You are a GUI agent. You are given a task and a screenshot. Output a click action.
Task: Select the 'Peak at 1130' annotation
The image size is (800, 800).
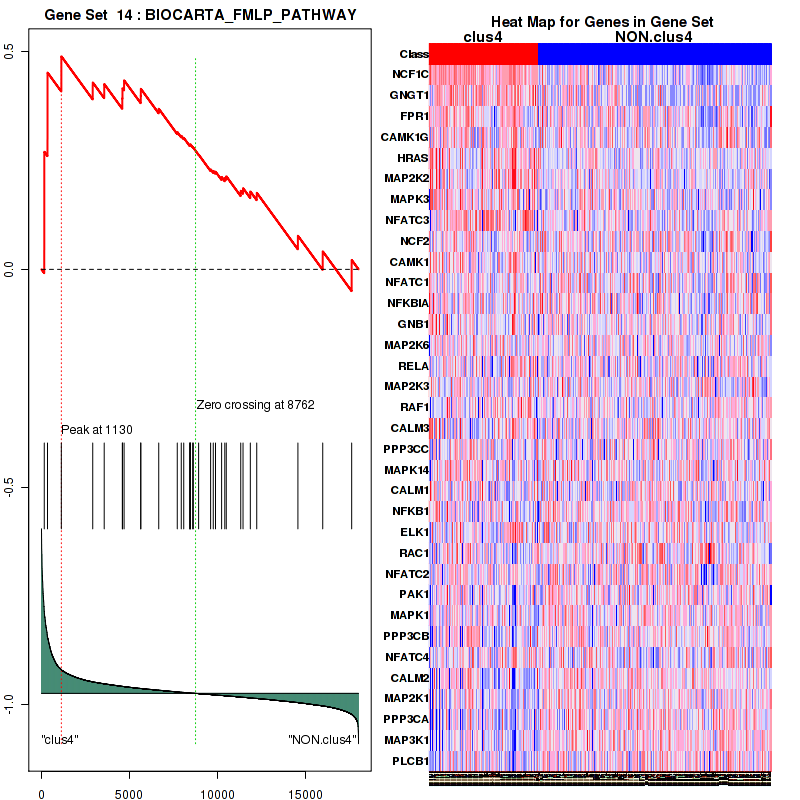coord(97,430)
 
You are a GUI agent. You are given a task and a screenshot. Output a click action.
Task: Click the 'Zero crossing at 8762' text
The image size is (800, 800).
coord(255,405)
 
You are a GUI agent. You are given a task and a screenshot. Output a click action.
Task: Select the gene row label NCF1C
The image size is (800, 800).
coord(410,75)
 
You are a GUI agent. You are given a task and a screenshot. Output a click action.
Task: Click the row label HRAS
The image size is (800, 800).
coord(413,158)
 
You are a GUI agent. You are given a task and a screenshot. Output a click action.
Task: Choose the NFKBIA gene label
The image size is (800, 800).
coord(408,303)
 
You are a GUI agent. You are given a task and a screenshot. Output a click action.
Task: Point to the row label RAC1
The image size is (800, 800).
coord(413,552)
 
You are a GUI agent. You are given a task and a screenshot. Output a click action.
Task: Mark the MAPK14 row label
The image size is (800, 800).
coord(408,469)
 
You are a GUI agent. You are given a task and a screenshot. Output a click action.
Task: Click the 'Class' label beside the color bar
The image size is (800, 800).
coord(413,54)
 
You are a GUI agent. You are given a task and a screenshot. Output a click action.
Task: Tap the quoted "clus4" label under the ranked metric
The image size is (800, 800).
coord(60,740)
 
